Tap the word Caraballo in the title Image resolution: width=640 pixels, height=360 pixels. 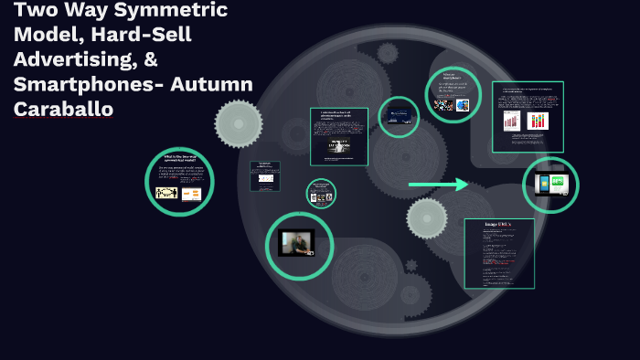63,110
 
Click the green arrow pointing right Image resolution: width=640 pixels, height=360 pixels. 438,185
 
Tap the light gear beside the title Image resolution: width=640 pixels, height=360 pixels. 239,123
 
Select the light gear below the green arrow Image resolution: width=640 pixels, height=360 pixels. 427,217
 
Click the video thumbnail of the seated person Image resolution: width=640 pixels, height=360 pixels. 296,243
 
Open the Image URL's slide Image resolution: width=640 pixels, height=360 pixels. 498,253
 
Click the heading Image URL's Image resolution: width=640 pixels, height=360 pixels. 498,225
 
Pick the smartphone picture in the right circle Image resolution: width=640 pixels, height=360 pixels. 551,185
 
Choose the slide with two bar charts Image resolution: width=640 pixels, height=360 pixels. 528,117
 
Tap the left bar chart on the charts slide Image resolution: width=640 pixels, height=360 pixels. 512,122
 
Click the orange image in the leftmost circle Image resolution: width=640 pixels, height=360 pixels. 191,195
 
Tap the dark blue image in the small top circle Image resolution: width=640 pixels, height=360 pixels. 399,116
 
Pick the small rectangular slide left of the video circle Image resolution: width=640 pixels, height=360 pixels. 265,175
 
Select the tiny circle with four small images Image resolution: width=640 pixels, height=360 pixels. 321,194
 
